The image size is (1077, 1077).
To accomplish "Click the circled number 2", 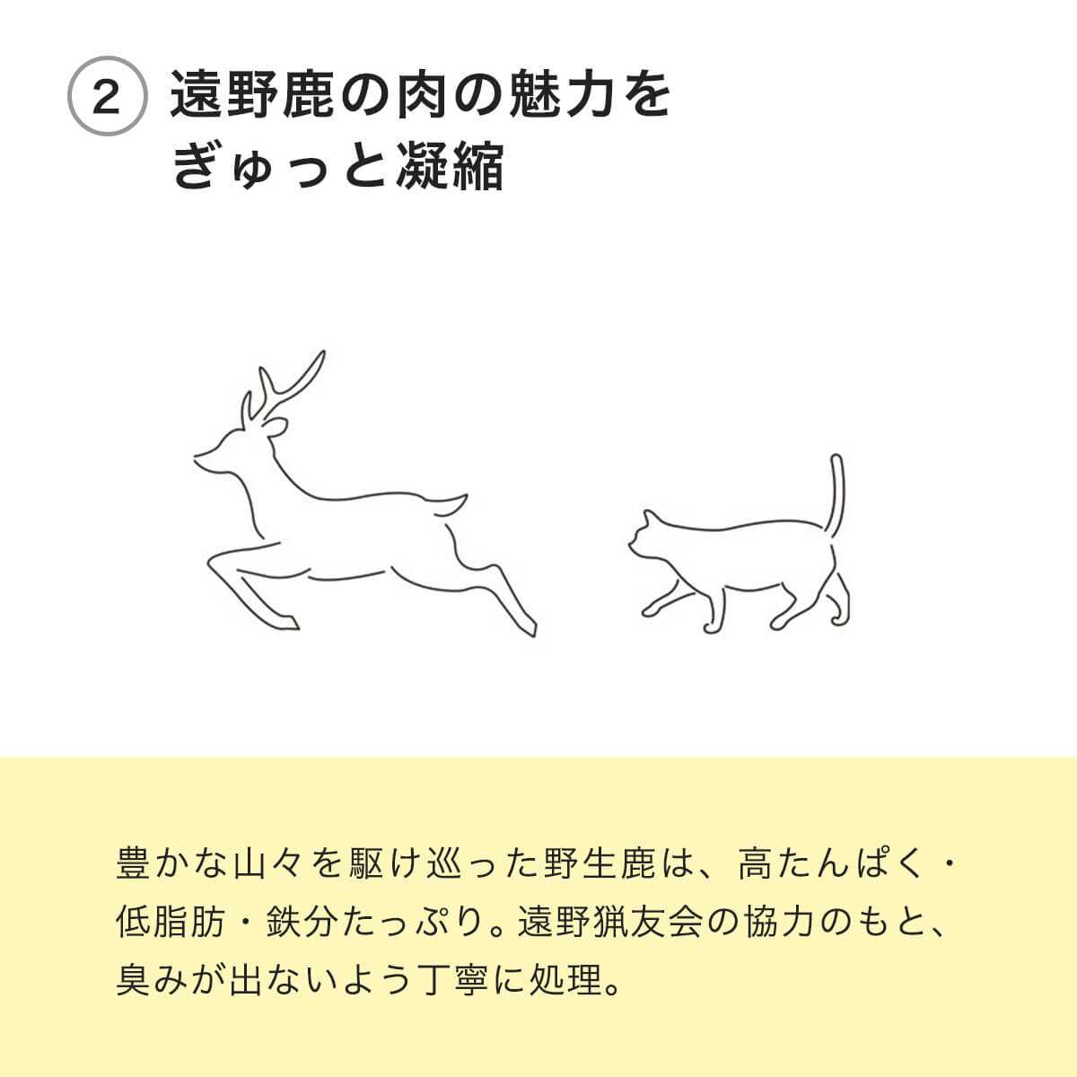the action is (108, 96).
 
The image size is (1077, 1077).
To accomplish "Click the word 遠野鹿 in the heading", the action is (252, 94).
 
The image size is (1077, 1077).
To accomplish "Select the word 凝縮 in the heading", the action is (450, 165).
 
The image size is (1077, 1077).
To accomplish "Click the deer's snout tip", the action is (195, 458).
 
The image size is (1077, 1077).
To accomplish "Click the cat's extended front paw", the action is (648, 611).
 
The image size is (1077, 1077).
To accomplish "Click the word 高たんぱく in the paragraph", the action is (830, 863).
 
